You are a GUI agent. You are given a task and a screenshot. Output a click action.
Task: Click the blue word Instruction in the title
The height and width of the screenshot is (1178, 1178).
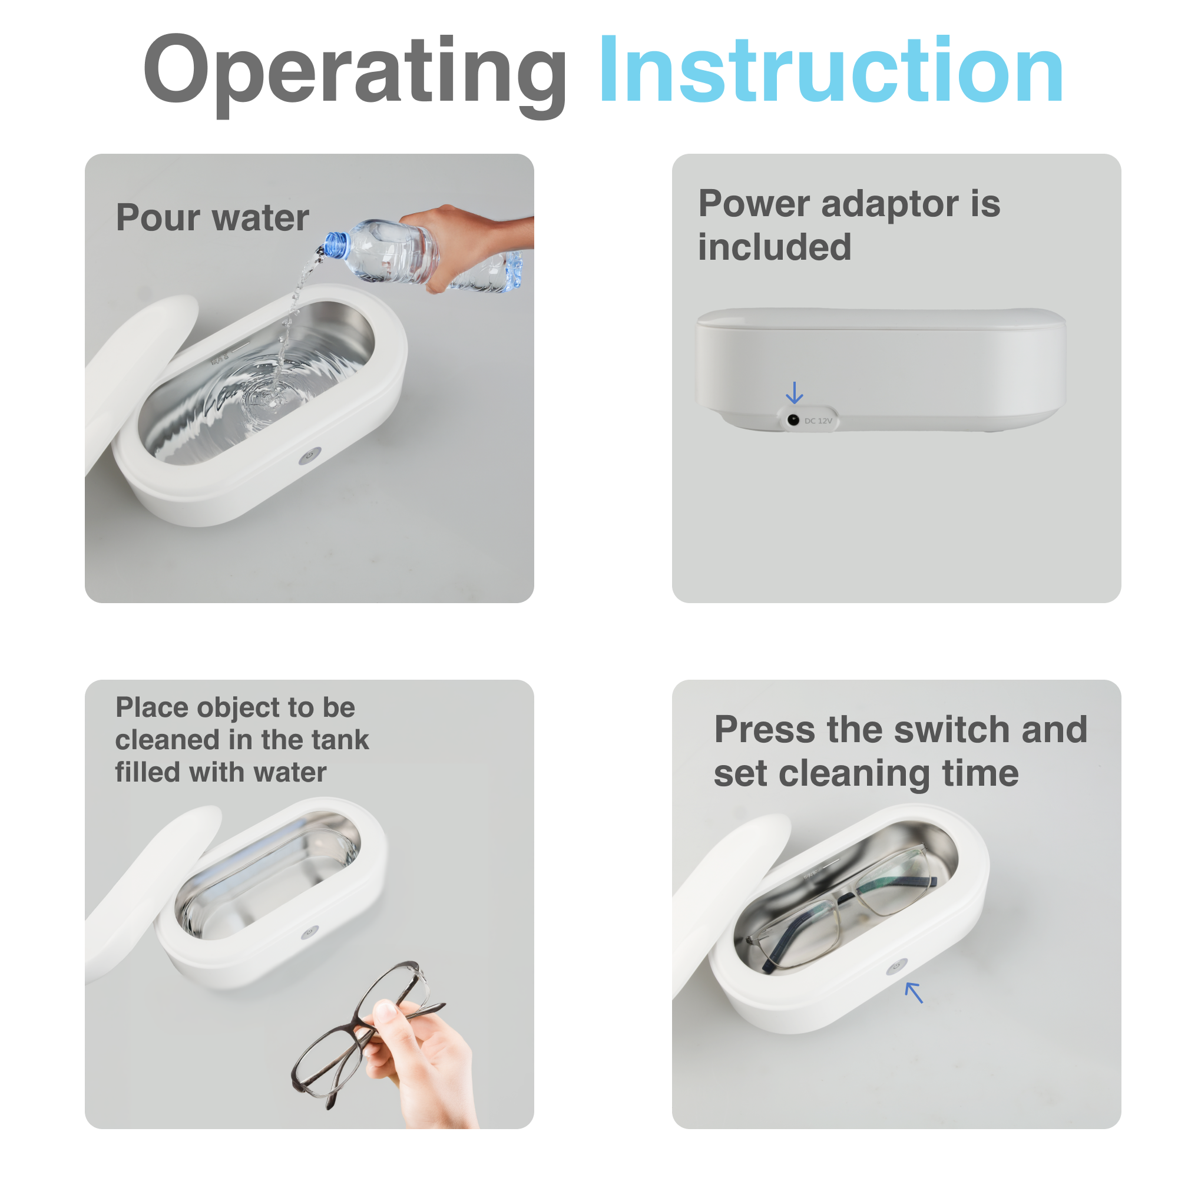(x=832, y=70)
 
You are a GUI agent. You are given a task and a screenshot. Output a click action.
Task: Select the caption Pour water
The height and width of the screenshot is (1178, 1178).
(x=212, y=218)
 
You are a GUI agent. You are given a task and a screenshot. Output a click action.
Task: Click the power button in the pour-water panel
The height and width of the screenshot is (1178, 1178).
(x=310, y=455)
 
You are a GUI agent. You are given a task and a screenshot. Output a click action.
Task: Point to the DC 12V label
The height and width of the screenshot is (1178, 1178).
(x=818, y=421)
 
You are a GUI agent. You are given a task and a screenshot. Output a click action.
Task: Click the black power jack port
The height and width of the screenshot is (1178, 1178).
(x=793, y=419)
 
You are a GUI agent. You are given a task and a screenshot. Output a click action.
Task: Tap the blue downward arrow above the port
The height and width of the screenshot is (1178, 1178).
(x=795, y=393)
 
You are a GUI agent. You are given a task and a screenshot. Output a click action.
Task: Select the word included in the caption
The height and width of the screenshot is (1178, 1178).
(x=775, y=247)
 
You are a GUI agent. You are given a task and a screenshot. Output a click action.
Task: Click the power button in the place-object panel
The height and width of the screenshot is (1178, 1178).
(x=310, y=932)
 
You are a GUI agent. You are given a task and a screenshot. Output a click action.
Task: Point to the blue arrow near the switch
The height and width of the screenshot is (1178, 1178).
(x=914, y=992)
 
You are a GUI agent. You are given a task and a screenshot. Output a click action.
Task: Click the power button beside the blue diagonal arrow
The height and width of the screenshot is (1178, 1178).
(x=896, y=967)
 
